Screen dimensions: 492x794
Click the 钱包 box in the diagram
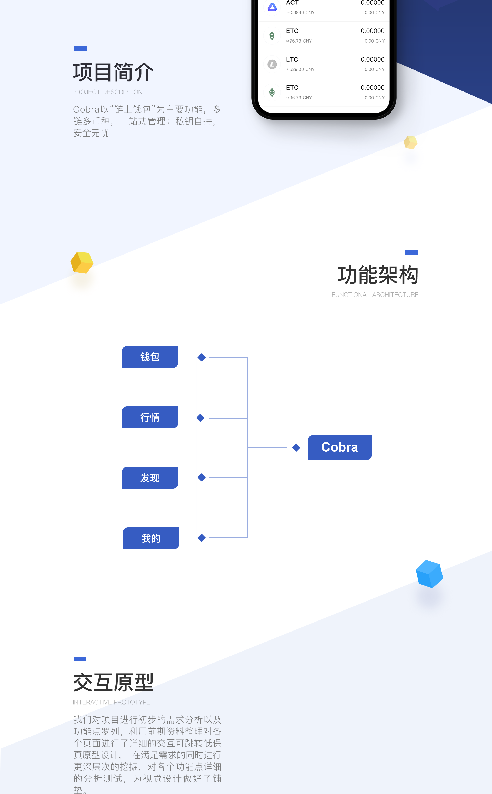point(150,357)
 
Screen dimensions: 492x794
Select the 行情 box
point(150,417)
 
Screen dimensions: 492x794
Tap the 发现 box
point(150,478)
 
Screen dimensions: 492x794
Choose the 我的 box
point(151,538)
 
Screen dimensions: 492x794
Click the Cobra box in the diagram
point(340,447)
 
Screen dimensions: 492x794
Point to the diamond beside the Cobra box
point(296,447)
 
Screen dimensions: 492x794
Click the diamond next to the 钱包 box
point(202,357)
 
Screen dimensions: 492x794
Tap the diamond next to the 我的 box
point(202,538)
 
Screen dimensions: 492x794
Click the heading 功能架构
point(378,275)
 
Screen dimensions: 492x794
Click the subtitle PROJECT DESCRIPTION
point(107,92)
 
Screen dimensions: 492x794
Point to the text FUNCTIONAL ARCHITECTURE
point(375,295)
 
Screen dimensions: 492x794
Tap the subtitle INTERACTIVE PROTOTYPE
point(111,702)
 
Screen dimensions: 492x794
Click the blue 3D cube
point(429,574)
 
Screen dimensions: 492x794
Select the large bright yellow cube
point(82,262)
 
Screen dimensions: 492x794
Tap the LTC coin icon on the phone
point(272,64)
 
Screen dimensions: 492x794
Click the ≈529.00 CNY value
point(300,69)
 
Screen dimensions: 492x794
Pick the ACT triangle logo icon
point(272,7)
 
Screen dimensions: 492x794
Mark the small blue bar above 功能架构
point(412,252)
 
